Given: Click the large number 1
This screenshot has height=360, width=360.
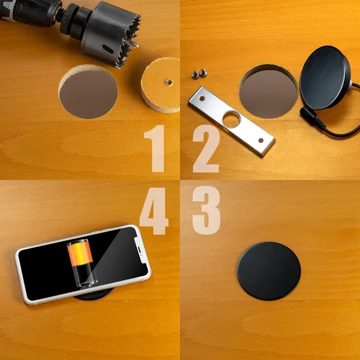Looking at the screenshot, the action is pos(155,148).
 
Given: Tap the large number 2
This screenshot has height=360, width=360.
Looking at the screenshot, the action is pos(206,149).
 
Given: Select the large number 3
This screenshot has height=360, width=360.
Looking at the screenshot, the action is pos(206,210).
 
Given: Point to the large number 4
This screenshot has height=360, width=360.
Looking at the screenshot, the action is pos(154,211).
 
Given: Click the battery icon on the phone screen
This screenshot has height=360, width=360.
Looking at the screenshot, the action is pos(82,262).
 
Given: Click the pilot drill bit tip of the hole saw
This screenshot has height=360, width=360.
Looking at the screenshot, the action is pos(132,43).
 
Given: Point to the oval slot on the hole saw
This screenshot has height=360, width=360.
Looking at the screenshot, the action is pos(108,49).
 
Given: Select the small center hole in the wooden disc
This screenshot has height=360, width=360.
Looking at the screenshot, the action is pos(168,82).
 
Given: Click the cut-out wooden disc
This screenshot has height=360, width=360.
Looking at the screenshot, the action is pos(161,85).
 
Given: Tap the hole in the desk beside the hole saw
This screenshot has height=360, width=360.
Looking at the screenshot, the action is pos(89,92).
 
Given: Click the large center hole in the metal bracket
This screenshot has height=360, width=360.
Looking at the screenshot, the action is pos(231,120).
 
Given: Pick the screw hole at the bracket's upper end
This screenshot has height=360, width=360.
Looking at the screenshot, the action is pos(202,98).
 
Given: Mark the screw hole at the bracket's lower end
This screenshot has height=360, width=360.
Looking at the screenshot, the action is pos(261,140).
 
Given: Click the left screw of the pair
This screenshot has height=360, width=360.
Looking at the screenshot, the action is pos(195,74).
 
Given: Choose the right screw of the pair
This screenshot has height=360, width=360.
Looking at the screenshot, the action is pos(203,73).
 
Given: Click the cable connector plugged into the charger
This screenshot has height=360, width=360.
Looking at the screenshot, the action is pos(312,116).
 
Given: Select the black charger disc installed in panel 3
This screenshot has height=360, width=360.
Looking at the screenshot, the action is pos(269,271).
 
